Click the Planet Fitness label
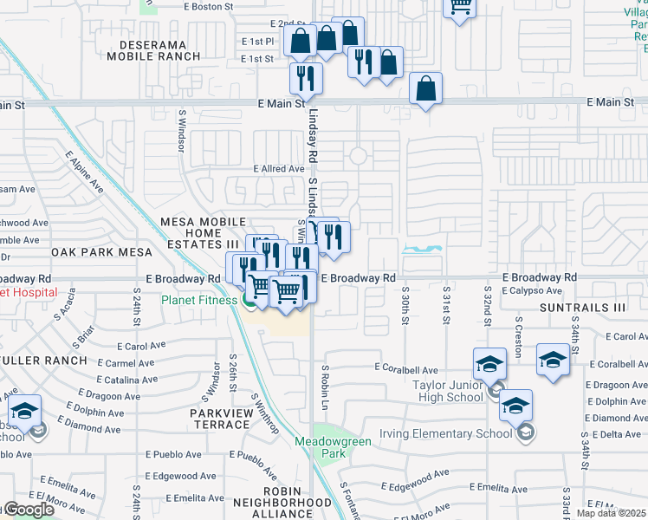[199, 300]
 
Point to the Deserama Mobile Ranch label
[153, 49]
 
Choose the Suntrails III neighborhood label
[581, 308]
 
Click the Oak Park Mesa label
[101, 252]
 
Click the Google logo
[28, 510]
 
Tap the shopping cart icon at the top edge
[461, 7]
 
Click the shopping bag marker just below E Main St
[425, 88]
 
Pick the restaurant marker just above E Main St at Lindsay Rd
[306, 78]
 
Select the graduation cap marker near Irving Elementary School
[515, 406]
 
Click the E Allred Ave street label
[277, 169]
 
